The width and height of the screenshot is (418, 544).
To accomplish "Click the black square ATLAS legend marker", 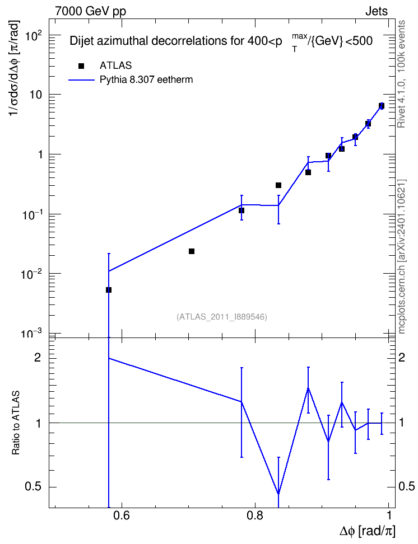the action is point(81,66).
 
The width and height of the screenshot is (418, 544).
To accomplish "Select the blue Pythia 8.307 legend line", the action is point(82,80).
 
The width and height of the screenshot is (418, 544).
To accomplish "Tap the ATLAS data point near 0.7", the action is point(192,251).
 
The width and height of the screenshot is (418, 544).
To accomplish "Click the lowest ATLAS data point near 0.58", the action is point(109,290).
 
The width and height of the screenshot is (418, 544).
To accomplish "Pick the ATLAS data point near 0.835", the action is point(278,185).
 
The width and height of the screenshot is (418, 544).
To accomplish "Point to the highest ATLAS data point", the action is point(382,106).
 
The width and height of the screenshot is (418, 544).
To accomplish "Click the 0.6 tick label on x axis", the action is point(121,515).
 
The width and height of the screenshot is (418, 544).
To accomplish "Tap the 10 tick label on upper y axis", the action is point(36,95).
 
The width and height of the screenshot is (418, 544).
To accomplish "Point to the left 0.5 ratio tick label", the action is point(33,487).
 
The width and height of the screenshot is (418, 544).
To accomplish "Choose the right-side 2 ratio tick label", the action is point(402,357).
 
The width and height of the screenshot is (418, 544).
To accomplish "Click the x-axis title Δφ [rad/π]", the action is point(367,531).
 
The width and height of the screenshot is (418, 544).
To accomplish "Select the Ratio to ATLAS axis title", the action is point(16,423).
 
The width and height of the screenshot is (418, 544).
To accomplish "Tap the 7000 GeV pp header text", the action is point(90,11).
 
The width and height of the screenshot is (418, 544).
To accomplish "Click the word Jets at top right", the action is point(377,11).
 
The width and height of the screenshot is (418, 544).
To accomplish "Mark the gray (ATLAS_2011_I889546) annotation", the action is point(222,317).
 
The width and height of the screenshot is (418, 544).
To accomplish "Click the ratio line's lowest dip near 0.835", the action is point(278,494).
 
